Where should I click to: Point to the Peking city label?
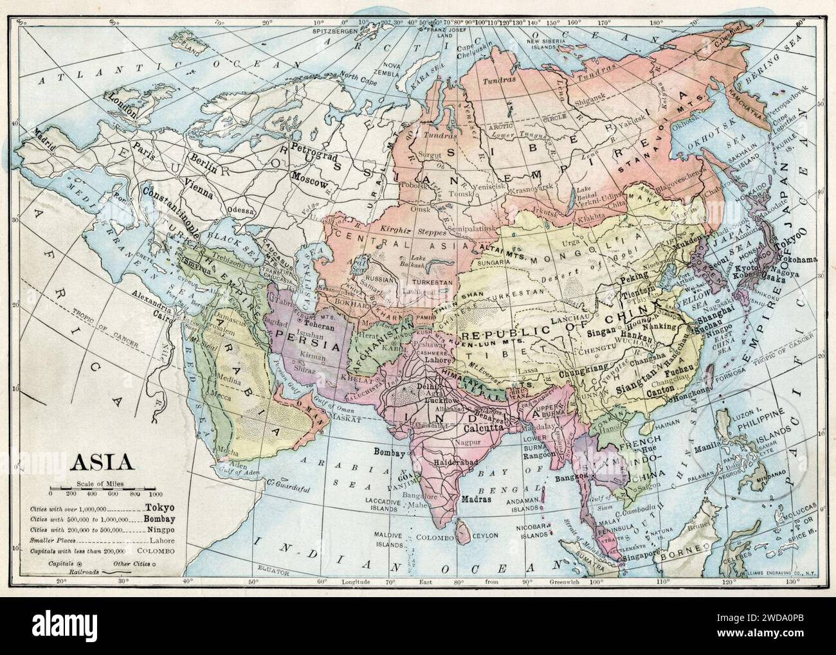pyautogui.click(x=635, y=282)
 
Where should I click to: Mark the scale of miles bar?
pyautogui.click(x=103, y=492)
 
